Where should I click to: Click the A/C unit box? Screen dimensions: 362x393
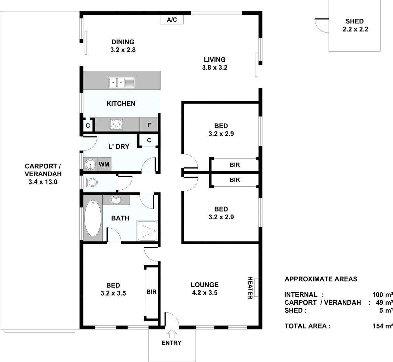click(x=172, y=20)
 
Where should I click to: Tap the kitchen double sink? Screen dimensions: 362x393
click(x=121, y=82)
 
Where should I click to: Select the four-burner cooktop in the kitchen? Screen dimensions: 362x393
click(x=117, y=124)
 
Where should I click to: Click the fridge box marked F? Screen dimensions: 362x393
click(x=149, y=125)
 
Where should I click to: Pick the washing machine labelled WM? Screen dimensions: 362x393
click(x=104, y=164)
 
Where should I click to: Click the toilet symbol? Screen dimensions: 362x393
click(x=91, y=183)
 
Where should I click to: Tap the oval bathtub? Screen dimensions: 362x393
click(x=92, y=218)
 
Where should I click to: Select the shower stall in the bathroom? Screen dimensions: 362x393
click(x=147, y=230)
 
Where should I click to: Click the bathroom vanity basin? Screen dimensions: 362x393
click(x=116, y=200)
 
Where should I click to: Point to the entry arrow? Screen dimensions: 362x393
click(x=171, y=334)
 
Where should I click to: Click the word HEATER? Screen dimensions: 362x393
click(x=250, y=288)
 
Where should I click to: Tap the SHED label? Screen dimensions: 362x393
click(x=354, y=21)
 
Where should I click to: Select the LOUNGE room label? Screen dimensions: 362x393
click(x=204, y=285)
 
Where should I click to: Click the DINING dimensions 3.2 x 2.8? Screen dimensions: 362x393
click(x=122, y=50)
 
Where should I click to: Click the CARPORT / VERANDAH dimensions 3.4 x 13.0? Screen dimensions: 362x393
click(x=43, y=182)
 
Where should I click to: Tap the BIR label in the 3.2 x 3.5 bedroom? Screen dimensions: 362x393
click(x=151, y=292)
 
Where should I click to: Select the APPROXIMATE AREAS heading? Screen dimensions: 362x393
click(x=321, y=279)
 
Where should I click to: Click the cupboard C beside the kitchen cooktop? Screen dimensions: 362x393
click(x=88, y=126)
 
